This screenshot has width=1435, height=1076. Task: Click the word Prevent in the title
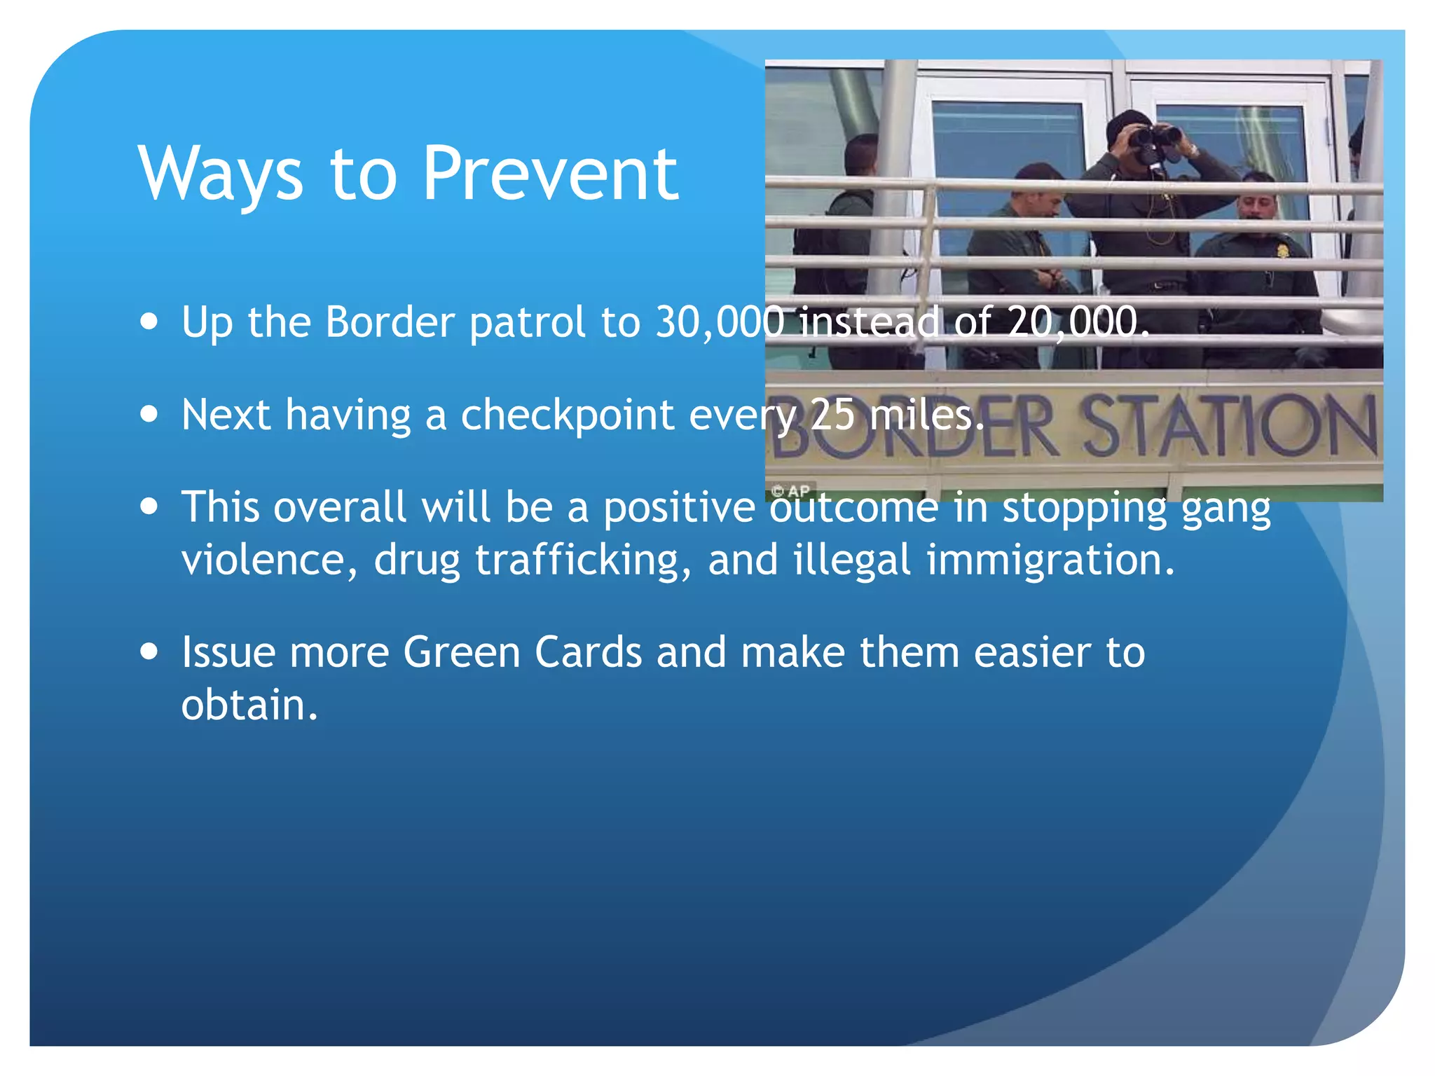(x=550, y=174)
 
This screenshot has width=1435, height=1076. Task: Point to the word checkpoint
(x=568, y=415)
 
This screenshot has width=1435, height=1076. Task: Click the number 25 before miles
(x=832, y=415)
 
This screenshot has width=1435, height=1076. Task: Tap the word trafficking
(x=577, y=560)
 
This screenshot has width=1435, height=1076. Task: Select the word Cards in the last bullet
(x=589, y=652)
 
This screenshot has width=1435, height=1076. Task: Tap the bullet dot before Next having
(x=149, y=413)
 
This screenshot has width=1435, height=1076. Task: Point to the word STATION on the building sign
(x=1226, y=426)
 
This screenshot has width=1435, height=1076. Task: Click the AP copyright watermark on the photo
(x=792, y=491)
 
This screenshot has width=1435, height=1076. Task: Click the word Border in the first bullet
(x=390, y=322)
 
